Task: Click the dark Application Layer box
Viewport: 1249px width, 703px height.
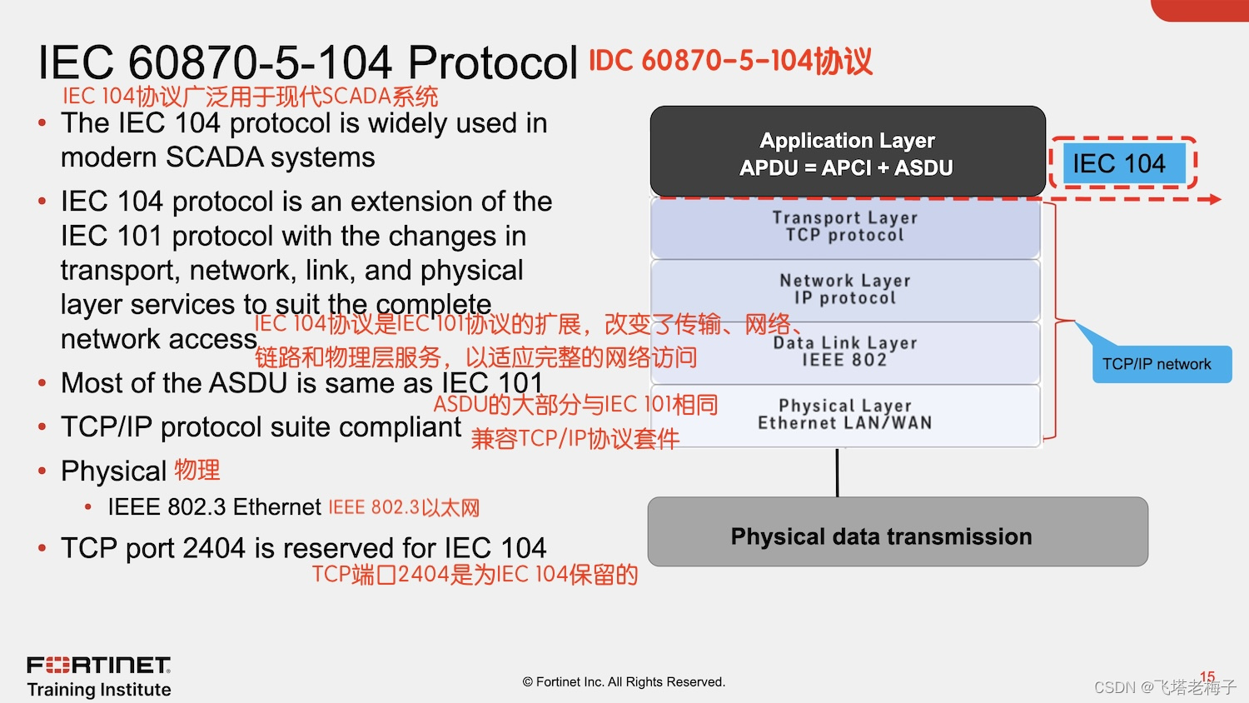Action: tap(847, 152)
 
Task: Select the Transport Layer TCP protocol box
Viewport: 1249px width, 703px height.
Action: tap(844, 227)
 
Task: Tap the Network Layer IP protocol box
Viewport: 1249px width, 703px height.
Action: tap(844, 289)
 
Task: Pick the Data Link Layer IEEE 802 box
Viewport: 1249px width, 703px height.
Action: tap(844, 351)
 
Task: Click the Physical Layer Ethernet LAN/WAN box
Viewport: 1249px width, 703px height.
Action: tap(844, 415)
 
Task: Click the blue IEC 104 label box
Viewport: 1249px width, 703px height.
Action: tap(1118, 164)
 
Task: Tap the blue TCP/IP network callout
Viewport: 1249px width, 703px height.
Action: tap(1160, 365)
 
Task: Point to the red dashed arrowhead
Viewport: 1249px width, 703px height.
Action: tap(1216, 199)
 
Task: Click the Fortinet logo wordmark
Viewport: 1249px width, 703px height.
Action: tap(98, 665)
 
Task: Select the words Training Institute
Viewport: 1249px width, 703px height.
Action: tap(99, 690)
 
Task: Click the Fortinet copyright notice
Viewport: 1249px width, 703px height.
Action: tap(624, 682)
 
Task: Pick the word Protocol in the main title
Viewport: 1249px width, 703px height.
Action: tap(493, 62)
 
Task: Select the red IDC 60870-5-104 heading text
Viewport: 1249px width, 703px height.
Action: tap(730, 61)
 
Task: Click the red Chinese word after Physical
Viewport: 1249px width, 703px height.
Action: tap(197, 470)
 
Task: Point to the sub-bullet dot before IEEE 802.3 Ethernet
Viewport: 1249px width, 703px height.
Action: tap(88, 506)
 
